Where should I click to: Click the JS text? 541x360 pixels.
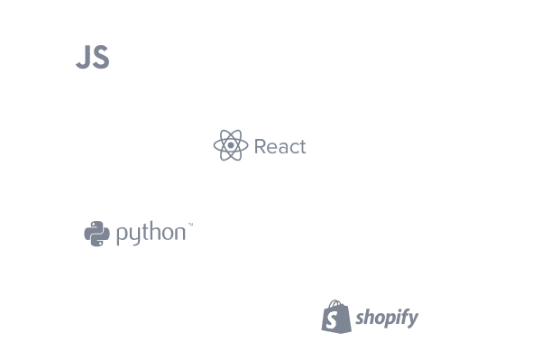tap(92, 58)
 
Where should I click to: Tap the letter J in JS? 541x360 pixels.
tap(83, 58)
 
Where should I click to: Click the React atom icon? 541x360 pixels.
tap(231, 145)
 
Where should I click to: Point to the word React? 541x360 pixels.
tap(280, 146)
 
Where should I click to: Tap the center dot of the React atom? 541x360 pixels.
tap(231, 145)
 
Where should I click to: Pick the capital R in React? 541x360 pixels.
tap(261, 146)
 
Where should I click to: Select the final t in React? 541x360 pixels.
tap(302, 146)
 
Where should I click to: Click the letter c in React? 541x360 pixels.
tap(293, 147)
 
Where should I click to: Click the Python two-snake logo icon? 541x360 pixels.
tap(96, 234)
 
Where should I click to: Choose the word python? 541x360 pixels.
tap(151, 235)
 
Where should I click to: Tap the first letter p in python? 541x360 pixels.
tap(122, 235)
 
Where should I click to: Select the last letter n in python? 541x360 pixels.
tap(179, 235)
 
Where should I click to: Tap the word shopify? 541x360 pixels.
tap(386, 318)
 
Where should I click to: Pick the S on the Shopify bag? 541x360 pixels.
tap(334, 319)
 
